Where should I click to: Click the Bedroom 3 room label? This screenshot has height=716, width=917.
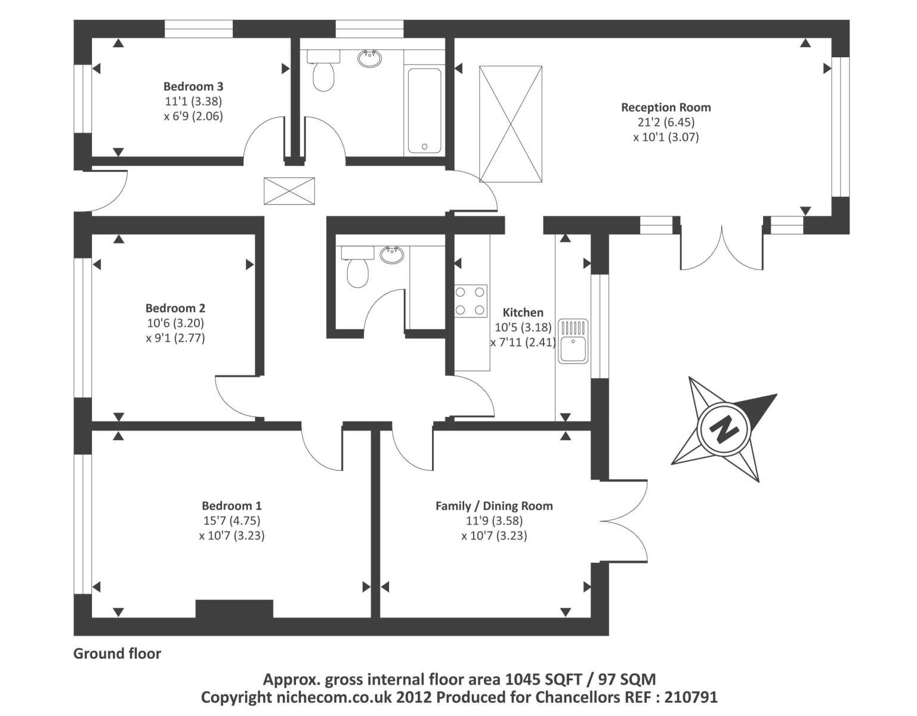[x=193, y=87]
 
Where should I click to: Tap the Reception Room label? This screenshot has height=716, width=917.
[x=666, y=107]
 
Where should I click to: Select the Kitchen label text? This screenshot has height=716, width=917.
[x=523, y=312]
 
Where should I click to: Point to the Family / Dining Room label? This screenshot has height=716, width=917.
[x=494, y=506]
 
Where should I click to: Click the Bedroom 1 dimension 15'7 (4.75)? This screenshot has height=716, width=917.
[x=231, y=520]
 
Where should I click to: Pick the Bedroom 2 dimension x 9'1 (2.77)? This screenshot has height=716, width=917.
[x=175, y=338]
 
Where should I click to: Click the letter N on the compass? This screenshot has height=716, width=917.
[x=724, y=428]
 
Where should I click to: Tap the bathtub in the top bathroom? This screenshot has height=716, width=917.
[x=424, y=111]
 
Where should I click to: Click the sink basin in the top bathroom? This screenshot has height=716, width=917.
[x=370, y=58]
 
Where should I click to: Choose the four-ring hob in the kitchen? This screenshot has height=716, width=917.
[x=471, y=301]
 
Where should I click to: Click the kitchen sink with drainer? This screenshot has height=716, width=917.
[x=573, y=341]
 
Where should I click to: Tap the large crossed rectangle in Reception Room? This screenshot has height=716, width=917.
[x=511, y=124]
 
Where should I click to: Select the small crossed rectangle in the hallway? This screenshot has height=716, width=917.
[x=289, y=191]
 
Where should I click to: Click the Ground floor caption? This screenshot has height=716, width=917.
[x=117, y=654]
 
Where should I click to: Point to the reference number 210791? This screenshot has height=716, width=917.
[x=691, y=697]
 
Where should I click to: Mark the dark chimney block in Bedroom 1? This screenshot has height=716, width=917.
[x=234, y=609]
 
